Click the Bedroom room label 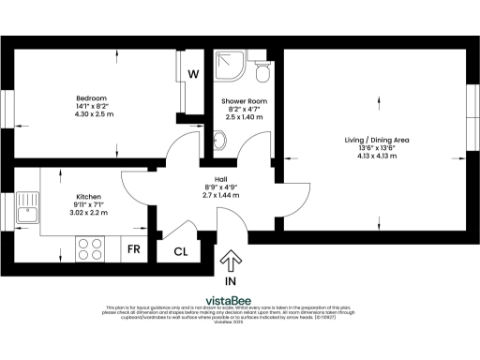point(92,98)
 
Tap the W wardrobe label point(192,74)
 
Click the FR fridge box point(134,250)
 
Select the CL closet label point(179,251)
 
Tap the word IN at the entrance point(231,280)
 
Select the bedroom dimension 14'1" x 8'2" point(92,107)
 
